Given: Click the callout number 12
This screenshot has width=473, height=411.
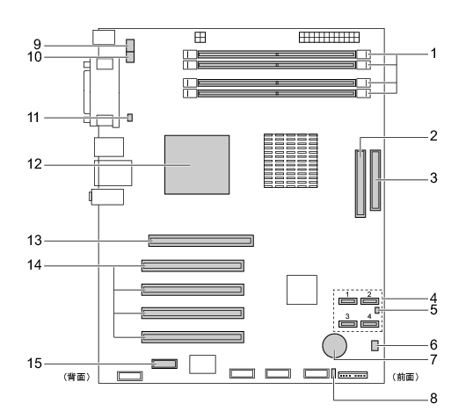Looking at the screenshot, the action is tap(34, 164).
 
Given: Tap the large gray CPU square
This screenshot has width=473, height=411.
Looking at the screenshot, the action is tap(197, 165).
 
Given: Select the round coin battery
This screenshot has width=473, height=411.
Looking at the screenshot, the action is tap(334, 346).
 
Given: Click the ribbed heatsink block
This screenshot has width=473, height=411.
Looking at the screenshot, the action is tap(291, 161).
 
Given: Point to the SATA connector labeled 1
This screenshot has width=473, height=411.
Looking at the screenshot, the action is tap(348, 301).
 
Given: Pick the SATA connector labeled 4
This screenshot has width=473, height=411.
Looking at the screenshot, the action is tap(370, 324).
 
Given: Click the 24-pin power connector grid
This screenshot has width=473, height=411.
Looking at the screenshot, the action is tap(329, 38).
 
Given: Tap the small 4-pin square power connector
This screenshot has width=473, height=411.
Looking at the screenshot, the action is tap(200, 38).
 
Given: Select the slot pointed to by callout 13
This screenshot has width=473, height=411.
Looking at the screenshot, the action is tap(201, 241).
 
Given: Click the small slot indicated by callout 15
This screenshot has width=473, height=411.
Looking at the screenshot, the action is tap(164, 364).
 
